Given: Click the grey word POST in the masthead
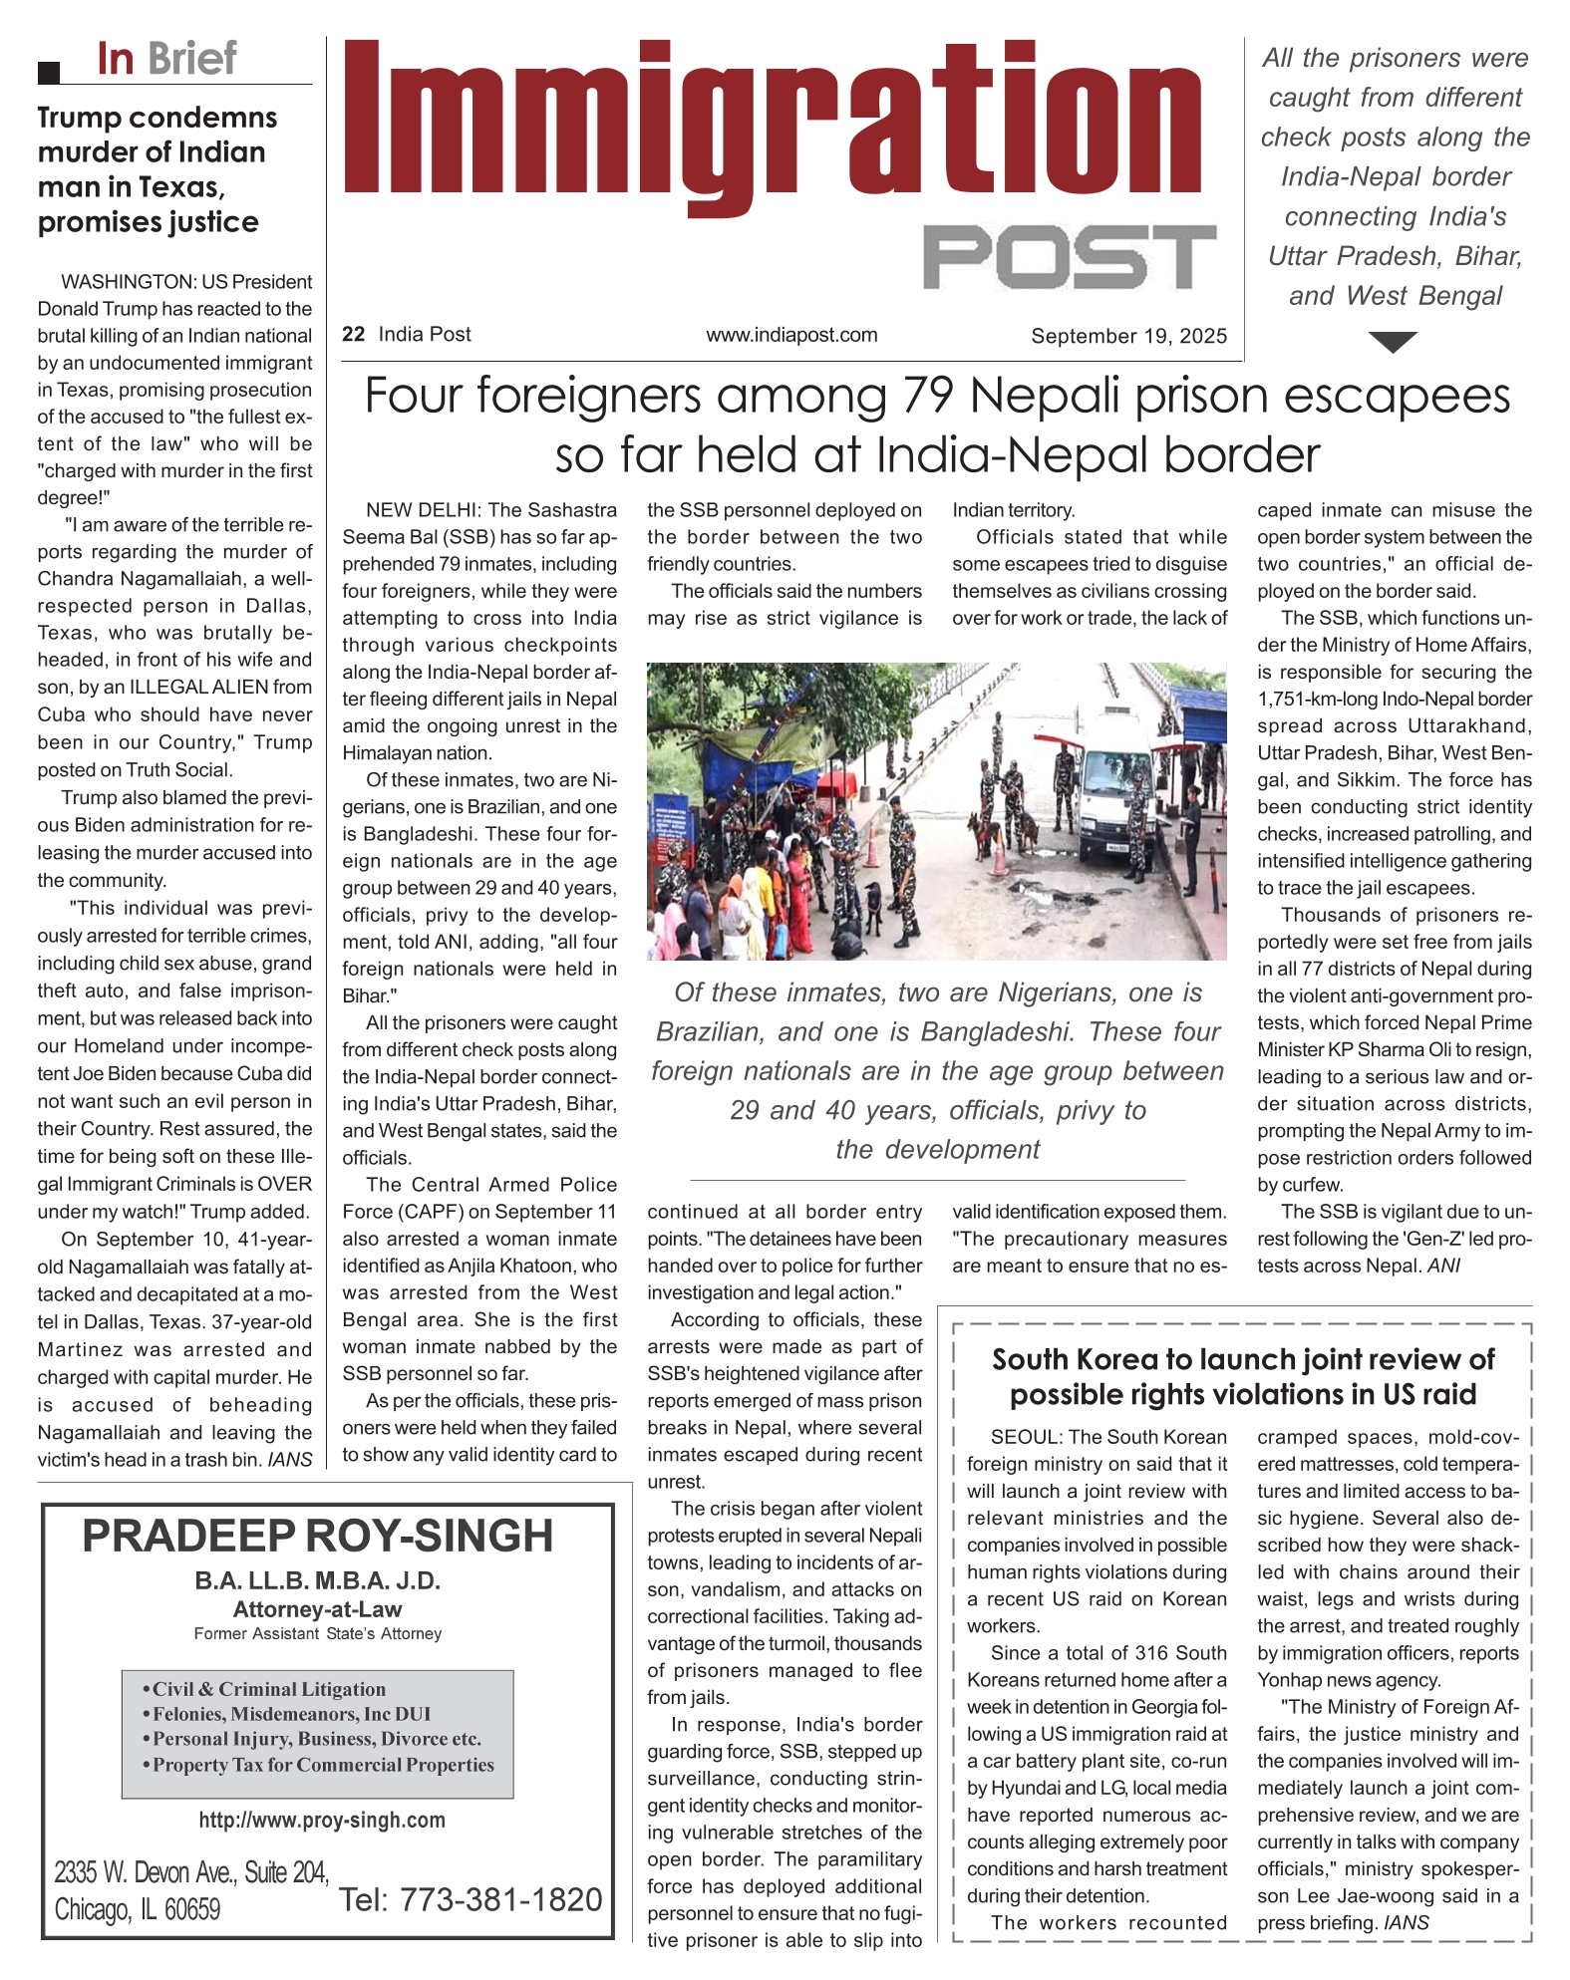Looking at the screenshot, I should (x=1069, y=257).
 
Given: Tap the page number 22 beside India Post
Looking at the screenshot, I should (x=353, y=335).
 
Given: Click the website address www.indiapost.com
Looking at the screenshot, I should (x=791, y=336).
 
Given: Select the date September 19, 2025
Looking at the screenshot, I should (x=1128, y=337).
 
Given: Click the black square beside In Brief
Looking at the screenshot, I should (x=49, y=72).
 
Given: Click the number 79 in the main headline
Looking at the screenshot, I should (x=930, y=397).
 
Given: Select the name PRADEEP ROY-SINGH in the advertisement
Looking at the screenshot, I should (x=317, y=1537).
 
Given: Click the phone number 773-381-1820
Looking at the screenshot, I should (x=500, y=1899).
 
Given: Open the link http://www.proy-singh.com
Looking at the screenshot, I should (x=322, y=1820).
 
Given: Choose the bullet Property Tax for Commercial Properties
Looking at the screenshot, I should (x=323, y=1764).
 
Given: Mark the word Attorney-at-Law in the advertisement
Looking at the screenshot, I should (x=317, y=1609).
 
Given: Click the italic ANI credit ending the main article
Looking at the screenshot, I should (x=1443, y=1266).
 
